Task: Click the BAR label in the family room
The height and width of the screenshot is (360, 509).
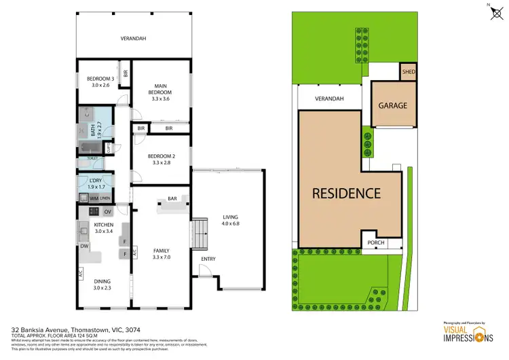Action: click(x=172, y=199)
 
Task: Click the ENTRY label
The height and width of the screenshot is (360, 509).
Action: click(x=208, y=259)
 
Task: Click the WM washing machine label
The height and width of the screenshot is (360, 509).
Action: click(x=83, y=198)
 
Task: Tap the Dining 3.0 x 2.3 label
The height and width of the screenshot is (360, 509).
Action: click(x=103, y=285)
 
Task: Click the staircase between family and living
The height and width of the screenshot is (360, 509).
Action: click(x=199, y=234)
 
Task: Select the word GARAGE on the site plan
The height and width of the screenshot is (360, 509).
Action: click(x=392, y=105)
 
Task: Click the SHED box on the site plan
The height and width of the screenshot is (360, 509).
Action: click(x=408, y=72)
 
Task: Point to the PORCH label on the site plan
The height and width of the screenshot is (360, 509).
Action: click(x=375, y=242)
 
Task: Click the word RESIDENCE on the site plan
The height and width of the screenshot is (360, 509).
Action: click(x=346, y=193)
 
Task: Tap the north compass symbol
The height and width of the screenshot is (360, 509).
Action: click(x=492, y=12)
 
